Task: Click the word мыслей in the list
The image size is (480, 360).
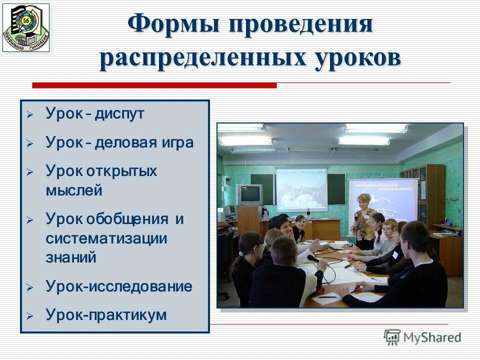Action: pyautogui.click(x=74, y=190)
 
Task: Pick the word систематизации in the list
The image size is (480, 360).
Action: pyautogui.click(x=106, y=238)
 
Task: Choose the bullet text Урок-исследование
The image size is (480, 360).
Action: pyautogui.click(x=119, y=286)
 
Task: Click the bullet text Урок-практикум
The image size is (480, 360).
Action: pyautogui.click(x=106, y=315)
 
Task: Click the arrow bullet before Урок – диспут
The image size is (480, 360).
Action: pyautogui.click(x=30, y=114)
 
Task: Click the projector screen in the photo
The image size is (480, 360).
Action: pyautogui.click(x=301, y=189)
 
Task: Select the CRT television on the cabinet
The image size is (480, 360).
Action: pyautogui.click(x=249, y=194)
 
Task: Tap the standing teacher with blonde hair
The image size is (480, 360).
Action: pyautogui.click(x=363, y=220)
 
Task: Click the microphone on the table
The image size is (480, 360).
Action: pyautogui.click(x=314, y=258)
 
